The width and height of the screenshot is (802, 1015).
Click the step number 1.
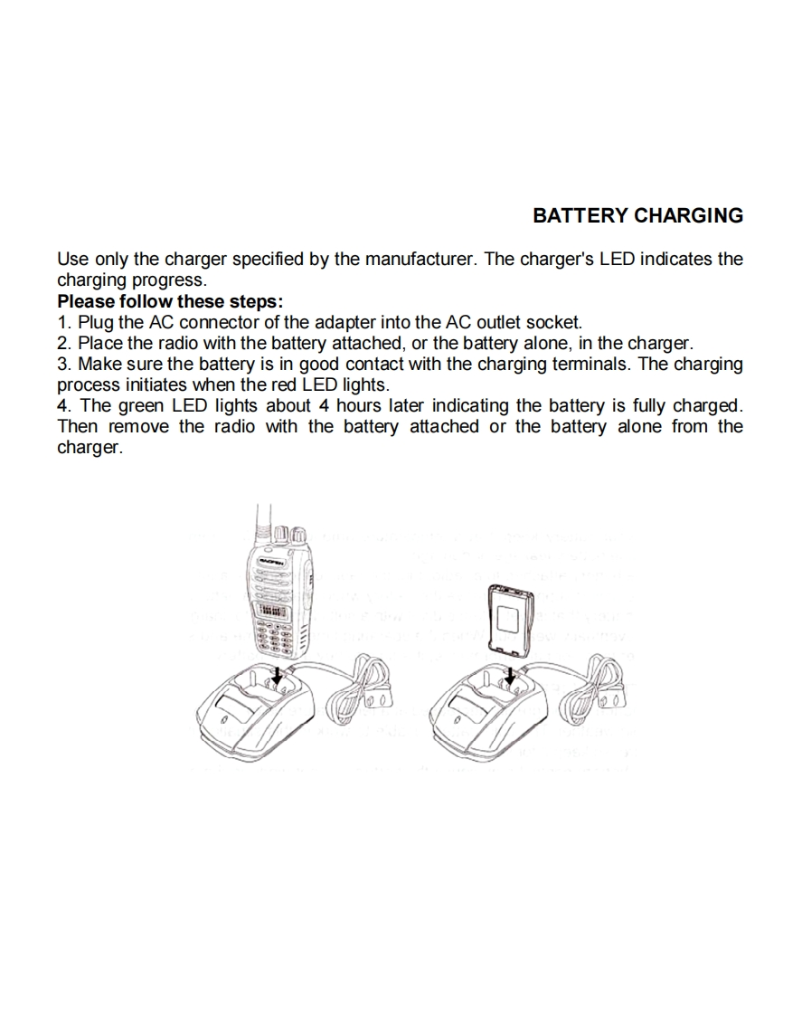coord(62,322)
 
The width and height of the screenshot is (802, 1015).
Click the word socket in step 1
coord(553,322)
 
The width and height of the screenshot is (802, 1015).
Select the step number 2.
coord(62,343)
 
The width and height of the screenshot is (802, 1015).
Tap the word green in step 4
coord(140,406)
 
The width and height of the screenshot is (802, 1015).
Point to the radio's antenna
coord(260,525)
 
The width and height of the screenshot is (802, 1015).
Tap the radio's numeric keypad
coord(273,638)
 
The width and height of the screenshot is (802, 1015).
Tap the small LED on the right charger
coord(458,719)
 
